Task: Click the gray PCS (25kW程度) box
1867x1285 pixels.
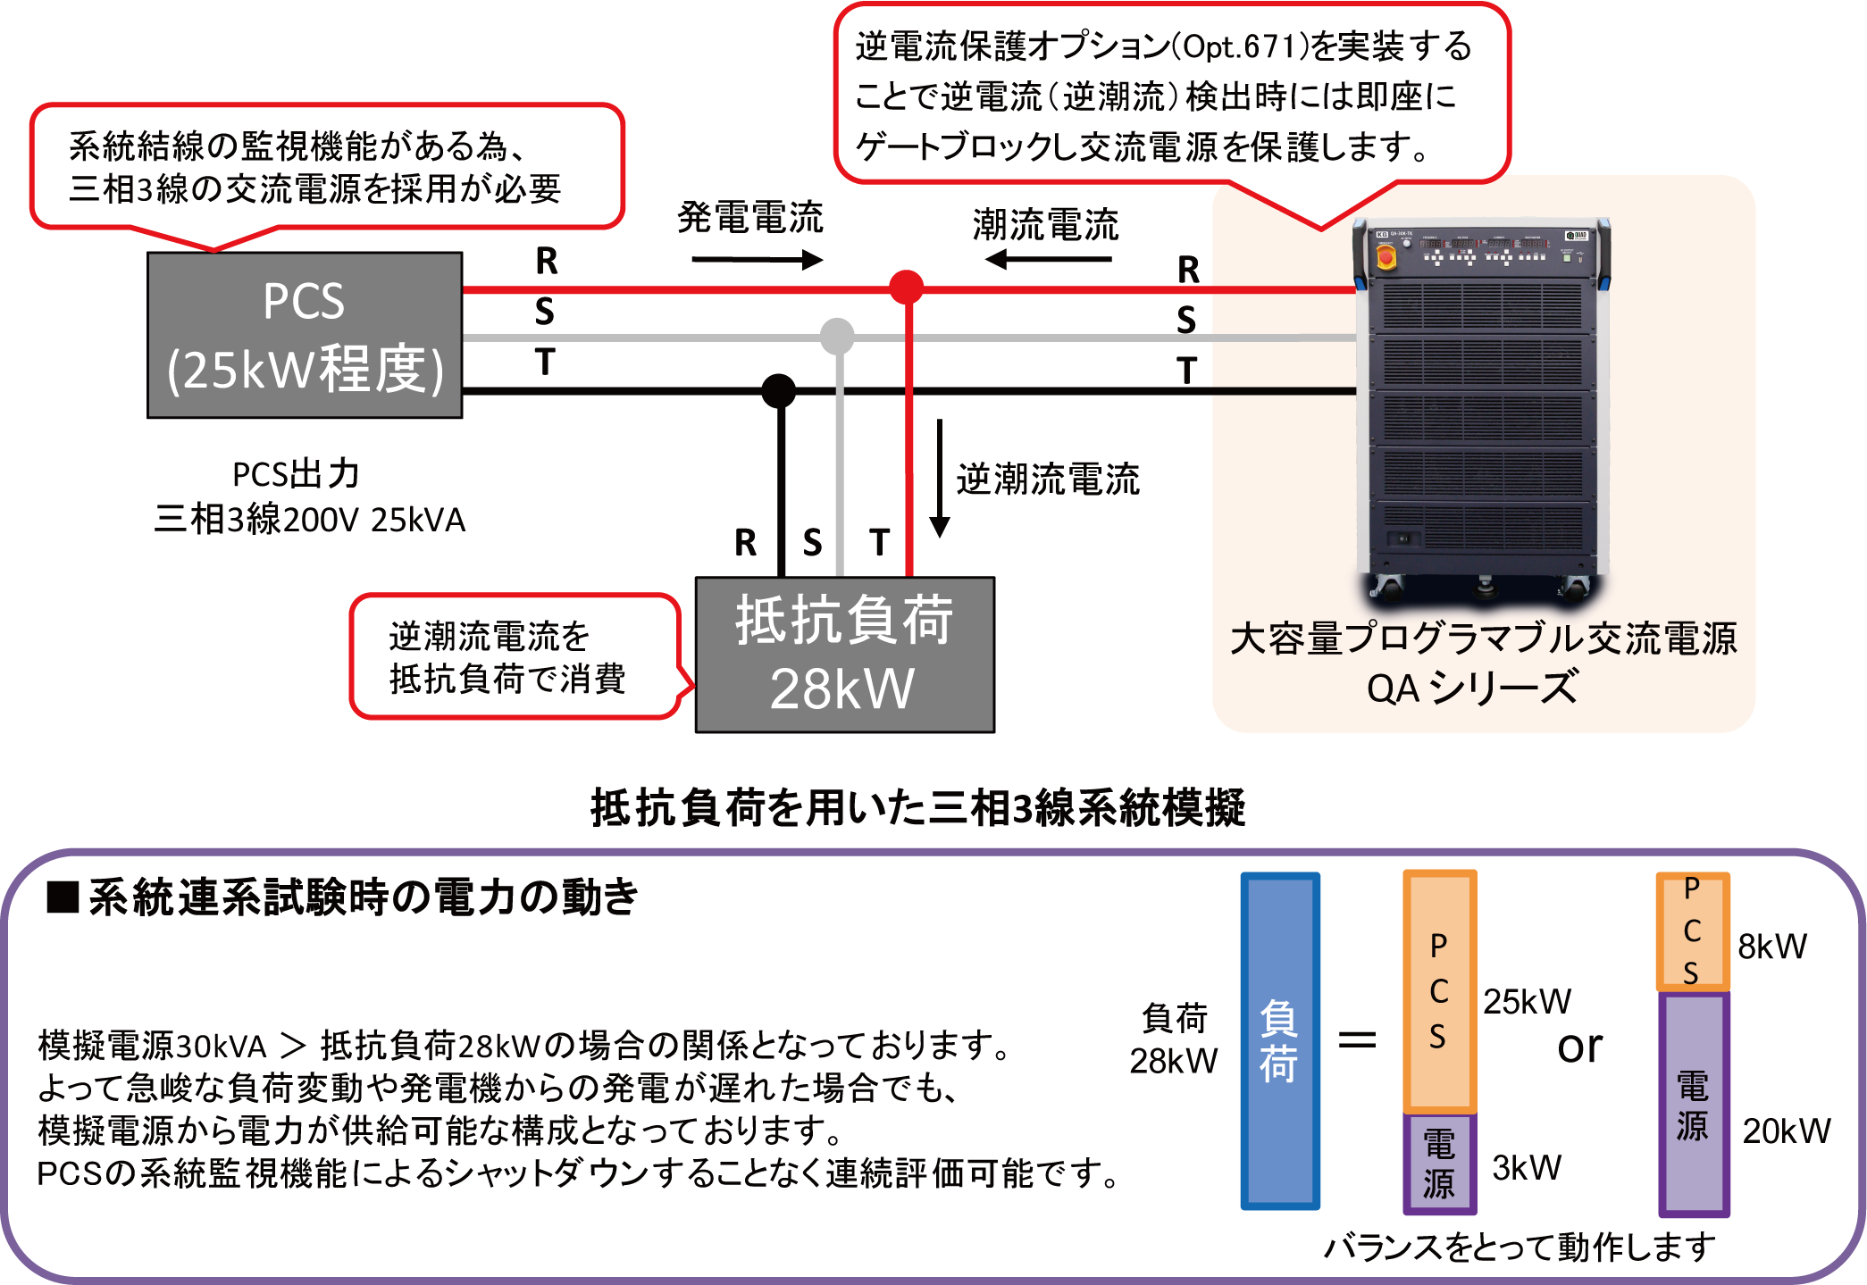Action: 304,335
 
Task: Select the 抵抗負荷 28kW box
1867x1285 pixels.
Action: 844,655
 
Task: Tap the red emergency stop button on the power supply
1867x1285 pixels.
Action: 1386,257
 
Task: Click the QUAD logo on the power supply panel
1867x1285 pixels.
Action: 1577,236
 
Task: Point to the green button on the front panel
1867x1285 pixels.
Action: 1567,258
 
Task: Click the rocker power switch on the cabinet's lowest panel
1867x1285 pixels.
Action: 1402,538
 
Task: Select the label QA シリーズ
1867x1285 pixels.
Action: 1472,688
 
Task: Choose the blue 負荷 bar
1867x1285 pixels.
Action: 1280,1041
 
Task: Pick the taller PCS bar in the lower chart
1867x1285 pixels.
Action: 1437,991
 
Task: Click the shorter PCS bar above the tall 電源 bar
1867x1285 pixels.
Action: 1692,930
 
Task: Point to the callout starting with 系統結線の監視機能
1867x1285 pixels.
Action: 326,167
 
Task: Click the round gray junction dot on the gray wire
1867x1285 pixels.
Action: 836,337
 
